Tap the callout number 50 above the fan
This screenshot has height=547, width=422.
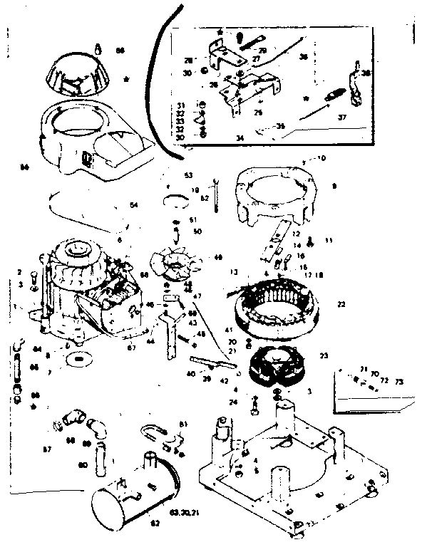click(x=197, y=231)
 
